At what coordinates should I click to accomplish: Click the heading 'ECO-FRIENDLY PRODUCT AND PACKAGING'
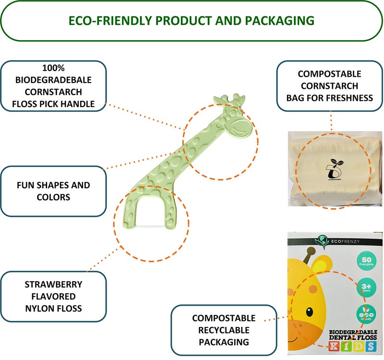point(192,21)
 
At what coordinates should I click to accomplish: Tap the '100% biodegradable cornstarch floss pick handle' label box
point(53,86)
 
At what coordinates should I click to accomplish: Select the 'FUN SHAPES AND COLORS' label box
point(53,191)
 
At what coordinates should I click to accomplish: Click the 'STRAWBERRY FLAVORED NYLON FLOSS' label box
point(53,296)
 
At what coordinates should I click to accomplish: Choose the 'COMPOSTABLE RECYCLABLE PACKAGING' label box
point(224,330)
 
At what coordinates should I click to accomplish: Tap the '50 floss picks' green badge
point(366,262)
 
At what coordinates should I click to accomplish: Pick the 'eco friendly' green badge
point(366,314)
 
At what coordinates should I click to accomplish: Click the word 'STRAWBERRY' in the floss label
point(53,284)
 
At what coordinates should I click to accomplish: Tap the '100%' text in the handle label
point(53,68)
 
